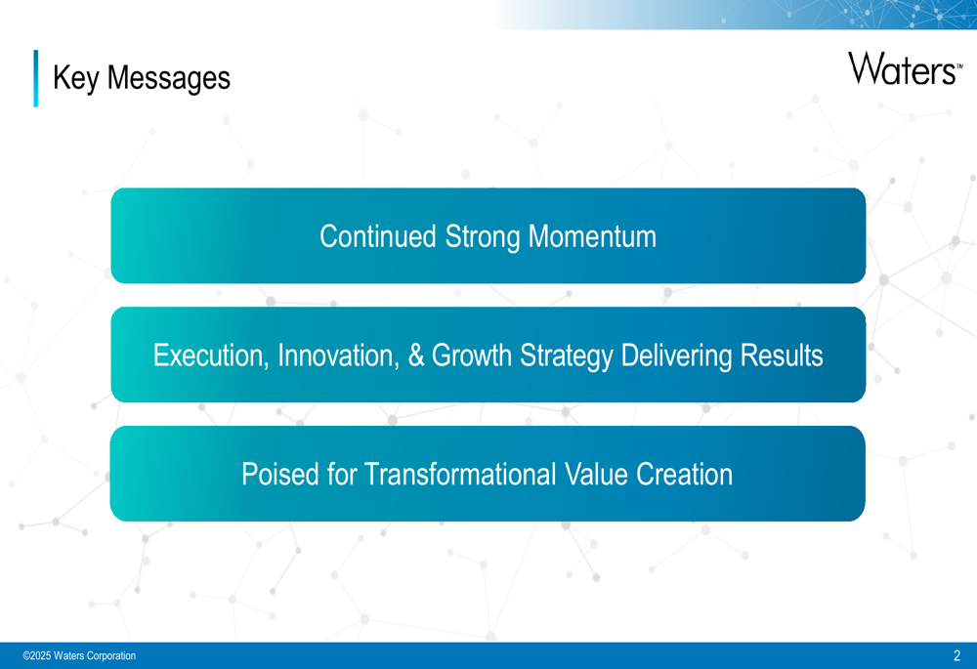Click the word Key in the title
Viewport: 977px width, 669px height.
[x=76, y=78]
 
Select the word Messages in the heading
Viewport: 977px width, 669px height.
[x=169, y=78]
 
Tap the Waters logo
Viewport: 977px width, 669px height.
[x=906, y=68]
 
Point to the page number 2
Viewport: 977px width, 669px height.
[x=957, y=655]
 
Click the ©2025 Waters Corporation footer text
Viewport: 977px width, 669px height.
[x=79, y=655]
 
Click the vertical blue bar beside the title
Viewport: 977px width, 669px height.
[x=35, y=78]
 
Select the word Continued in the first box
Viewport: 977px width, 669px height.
[x=377, y=236]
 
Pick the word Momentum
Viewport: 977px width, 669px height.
[x=593, y=236]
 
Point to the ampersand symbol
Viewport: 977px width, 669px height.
[x=415, y=355]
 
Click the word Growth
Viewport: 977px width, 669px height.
[x=471, y=355]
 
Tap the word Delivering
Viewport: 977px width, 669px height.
[x=676, y=356]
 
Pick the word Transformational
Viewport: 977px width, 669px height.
[x=461, y=475]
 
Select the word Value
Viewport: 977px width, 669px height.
[x=596, y=475]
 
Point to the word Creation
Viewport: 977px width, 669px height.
[x=684, y=475]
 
